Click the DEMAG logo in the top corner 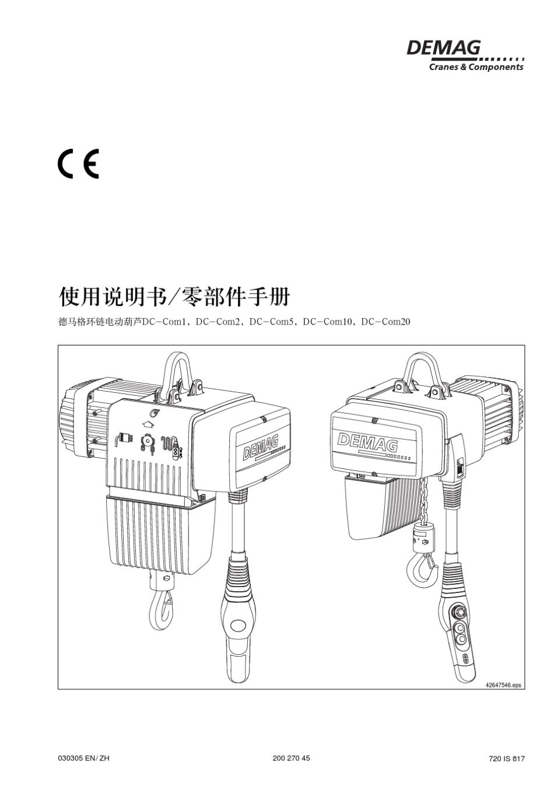coord(444,47)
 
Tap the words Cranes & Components coord(476,67)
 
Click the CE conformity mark coord(78,164)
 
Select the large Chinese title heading coord(174,297)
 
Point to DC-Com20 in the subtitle coord(386,322)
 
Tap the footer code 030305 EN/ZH coord(84,758)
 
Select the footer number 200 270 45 coord(291,758)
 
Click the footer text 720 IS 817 coord(507,759)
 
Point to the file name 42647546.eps coord(503,686)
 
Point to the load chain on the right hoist coord(425,499)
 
